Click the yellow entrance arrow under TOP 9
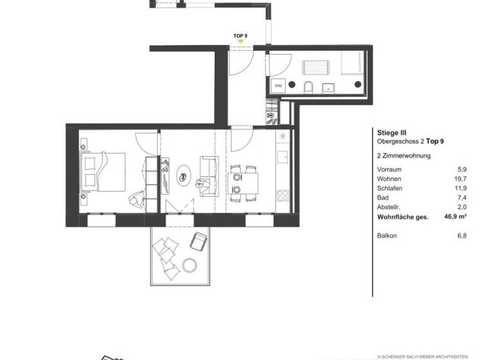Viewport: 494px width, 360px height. (x=241, y=41)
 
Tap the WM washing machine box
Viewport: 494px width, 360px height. (x=279, y=85)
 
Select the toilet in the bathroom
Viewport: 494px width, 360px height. (x=307, y=87)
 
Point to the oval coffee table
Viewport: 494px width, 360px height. (x=185, y=174)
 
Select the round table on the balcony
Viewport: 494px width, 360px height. (x=190, y=264)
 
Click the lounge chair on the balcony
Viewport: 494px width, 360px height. (x=198, y=242)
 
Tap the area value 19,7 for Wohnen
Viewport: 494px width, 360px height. (x=458, y=179)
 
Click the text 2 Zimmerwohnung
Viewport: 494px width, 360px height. (x=403, y=156)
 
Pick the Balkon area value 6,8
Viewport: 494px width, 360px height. (x=461, y=236)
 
